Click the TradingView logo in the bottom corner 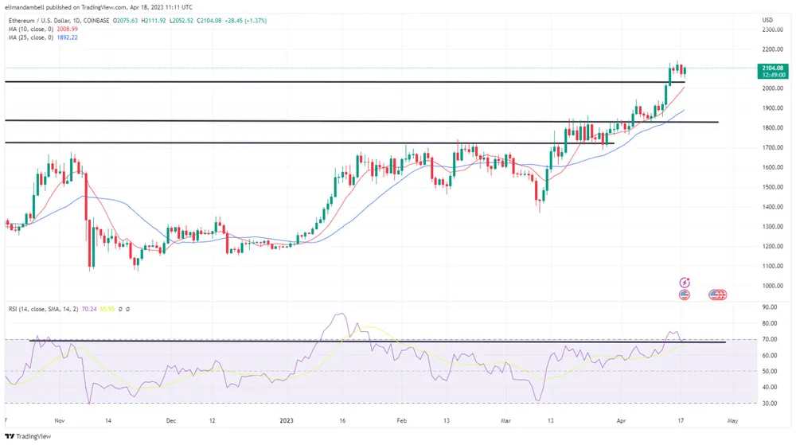[x=28, y=435]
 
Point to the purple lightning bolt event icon [x=684, y=283]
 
